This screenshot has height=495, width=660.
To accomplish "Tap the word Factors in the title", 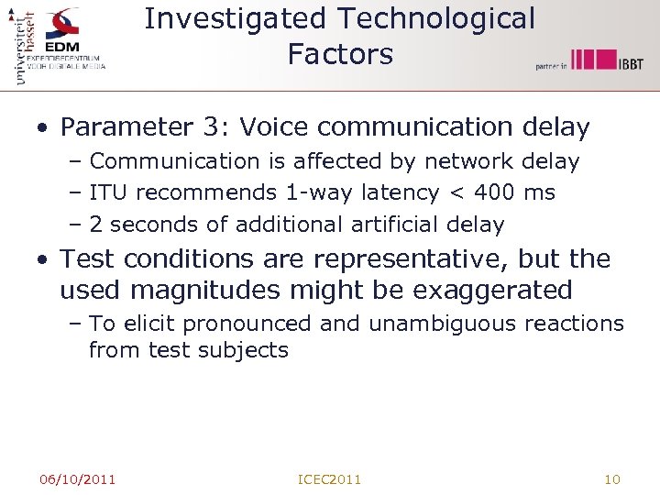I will pos(340,54).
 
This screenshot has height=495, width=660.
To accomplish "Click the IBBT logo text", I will pos(631,63).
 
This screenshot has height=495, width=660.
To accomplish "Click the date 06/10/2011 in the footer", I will pos(77,478).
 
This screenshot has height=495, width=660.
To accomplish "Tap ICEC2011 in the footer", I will pos(330,478).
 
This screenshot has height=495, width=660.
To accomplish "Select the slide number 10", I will pos(613,478).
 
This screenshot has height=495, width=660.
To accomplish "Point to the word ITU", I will pos(110,193).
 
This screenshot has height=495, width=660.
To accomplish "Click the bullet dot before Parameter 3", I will pos(43,128).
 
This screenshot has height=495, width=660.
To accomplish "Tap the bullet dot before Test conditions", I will pos(43,260).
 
